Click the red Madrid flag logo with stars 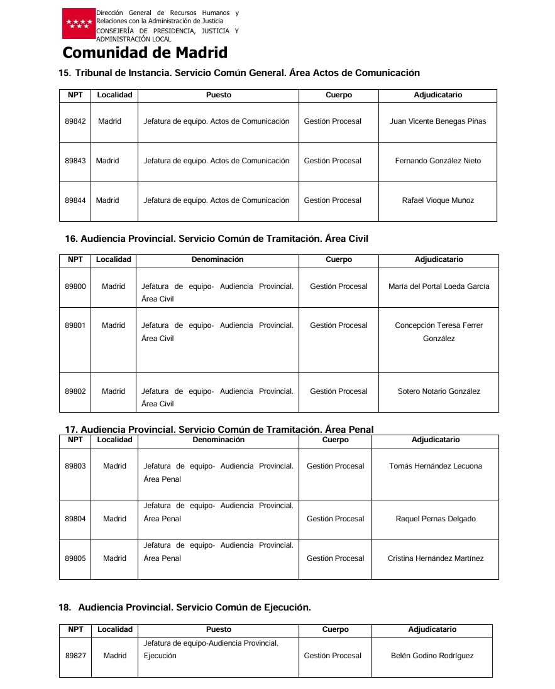coord(79,24)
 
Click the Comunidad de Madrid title coord(145,53)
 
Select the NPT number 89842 coord(75,121)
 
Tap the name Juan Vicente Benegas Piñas coord(437,121)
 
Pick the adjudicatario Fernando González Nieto coord(437,161)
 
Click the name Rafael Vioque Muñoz coord(437,200)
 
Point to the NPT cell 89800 coord(75,286)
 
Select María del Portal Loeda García coord(439,286)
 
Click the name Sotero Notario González coord(439,391)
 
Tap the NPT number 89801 coord(75,325)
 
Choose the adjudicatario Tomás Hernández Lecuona coord(436,466)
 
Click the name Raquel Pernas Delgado coord(436,519)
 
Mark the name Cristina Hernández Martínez coord(436,558)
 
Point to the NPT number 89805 coord(75,558)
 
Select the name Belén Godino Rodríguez coord(432,656)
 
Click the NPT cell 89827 coord(75,656)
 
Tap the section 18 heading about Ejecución coord(185,607)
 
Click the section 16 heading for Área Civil coord(216,239)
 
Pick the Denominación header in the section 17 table coord(218,440)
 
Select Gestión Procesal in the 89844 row coord(332,200)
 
